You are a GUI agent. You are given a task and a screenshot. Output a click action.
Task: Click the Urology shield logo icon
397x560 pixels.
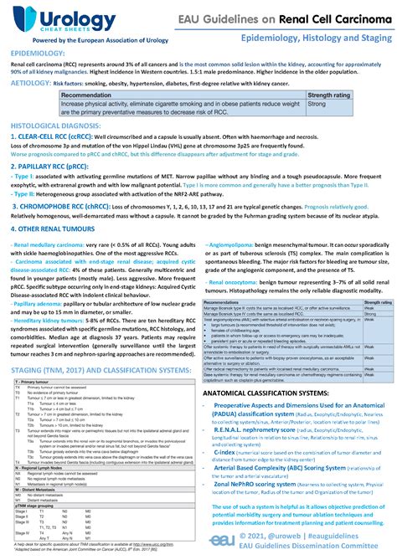(21, 18)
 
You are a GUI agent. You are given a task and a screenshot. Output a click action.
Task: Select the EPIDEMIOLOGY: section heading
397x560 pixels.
(38, 53)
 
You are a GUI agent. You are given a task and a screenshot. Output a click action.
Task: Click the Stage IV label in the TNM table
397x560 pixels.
(25, 532)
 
